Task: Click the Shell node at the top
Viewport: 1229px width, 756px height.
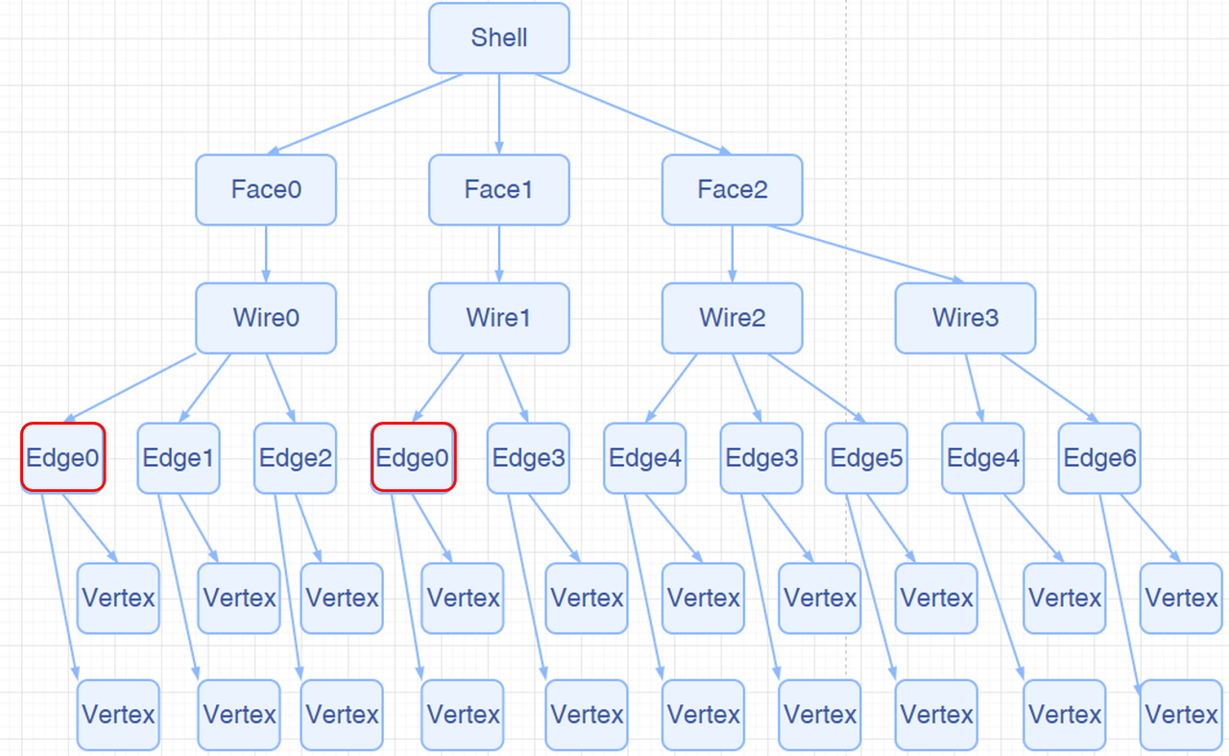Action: coord(499,37)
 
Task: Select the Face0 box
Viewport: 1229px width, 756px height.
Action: coord(266,189)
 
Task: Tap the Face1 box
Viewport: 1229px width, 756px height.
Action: coord(499,189)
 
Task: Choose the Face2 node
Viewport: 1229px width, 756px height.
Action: coord(733,189)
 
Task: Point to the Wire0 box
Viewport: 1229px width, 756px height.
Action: coord(266,318)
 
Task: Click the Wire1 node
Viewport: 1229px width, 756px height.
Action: coord(499,318)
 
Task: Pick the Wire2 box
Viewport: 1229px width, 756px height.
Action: coord(733,318)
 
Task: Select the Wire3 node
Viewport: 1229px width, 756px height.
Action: coord(966,318)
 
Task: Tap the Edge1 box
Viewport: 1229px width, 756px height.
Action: coord(179,458)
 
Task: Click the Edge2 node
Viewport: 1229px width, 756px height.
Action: coord(296,458)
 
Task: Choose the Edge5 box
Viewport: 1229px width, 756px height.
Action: coord(866,458)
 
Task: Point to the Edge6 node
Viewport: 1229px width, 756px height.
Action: coord(1100,458)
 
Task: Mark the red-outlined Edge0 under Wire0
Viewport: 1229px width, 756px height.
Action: coord(62,458)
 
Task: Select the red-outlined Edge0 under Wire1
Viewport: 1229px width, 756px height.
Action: coord(413,458)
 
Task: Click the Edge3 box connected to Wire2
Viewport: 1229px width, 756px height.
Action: coord(762,458)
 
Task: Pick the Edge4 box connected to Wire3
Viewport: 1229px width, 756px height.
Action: coord(983,458)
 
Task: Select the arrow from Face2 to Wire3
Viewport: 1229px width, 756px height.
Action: coord(864,254)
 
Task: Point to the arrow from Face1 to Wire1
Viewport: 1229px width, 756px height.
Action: coord(499,254)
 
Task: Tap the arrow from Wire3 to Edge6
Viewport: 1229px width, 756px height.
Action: coord(1048,388)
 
